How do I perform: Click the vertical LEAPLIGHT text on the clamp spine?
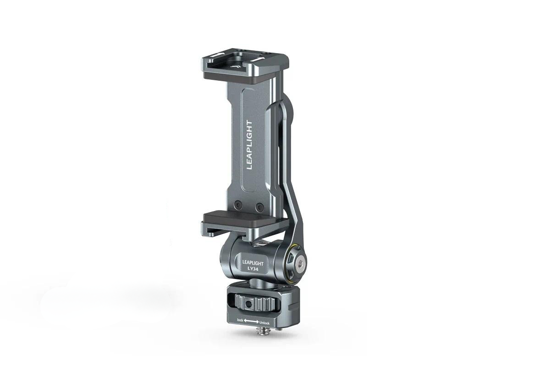[249, 145]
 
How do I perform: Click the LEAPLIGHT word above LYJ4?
[253, 263]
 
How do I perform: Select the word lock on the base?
[240, 320]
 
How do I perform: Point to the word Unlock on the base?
[264, 323]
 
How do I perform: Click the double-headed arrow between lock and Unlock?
[251, 321]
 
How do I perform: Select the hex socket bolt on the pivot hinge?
[300, 265]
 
